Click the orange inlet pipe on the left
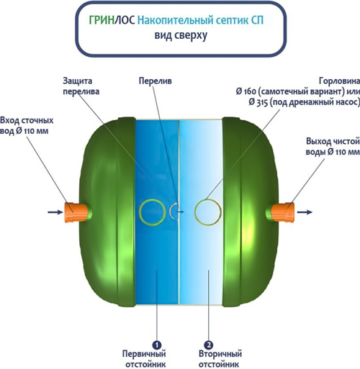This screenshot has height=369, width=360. (76, 212)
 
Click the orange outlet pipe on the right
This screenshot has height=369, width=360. (283, 212)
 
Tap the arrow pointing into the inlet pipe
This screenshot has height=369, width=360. (55, 212)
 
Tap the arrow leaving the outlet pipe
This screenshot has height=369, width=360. (305, 212)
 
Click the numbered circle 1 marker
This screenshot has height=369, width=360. (157, 345)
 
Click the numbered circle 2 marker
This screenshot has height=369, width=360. (208, 345)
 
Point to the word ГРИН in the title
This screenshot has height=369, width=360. (102, 20)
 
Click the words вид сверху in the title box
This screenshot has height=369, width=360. (181, 35)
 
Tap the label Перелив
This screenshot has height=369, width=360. (156, 81)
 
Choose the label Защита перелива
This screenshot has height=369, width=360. (81, 86)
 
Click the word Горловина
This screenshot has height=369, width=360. (339, 81)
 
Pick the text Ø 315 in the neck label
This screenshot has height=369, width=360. (258, 102)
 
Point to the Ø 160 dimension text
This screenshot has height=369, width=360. (246, 91)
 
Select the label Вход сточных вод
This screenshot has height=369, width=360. (27, 126)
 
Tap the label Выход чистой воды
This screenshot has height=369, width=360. (333, 147)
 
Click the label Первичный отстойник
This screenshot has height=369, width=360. (144, 359)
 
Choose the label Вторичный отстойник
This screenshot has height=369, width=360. (220, 359)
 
